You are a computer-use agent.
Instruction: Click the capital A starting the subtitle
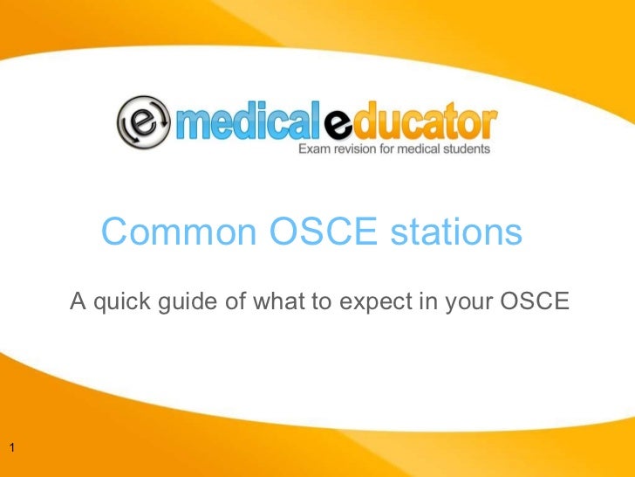[77, 302]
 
